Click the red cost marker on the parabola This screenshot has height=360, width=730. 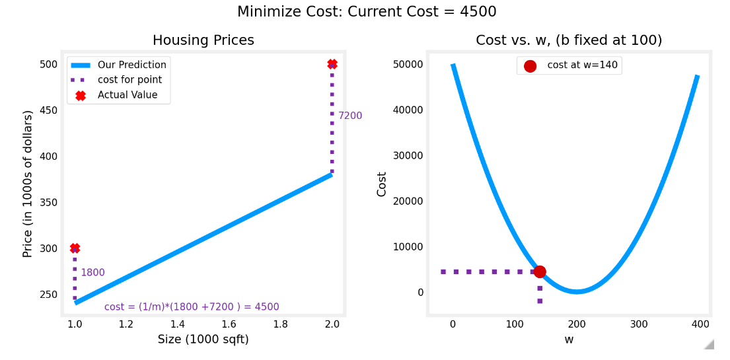[x=540, y=271]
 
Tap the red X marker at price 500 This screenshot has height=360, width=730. [x=332, y=64]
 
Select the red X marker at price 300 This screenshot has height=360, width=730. [x=75, y=248]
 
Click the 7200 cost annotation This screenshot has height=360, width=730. [x=350, y=116]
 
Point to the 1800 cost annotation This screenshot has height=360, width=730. [x=92, y=273]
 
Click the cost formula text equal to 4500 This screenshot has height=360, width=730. [x=192, y=307]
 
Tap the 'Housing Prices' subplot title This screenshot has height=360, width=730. [x=203, y=40]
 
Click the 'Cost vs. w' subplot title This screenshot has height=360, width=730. [x=569, y=40]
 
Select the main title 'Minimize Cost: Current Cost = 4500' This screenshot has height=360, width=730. [x=367, y=12]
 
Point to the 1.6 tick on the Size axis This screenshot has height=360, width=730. [x=229, y=324]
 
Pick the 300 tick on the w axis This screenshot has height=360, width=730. [x=639, y=324]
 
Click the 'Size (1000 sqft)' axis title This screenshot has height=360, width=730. [x=203, y=340]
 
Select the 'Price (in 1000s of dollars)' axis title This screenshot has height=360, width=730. [x=28, y=184]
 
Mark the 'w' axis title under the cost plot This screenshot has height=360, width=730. [x=569, y=340]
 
